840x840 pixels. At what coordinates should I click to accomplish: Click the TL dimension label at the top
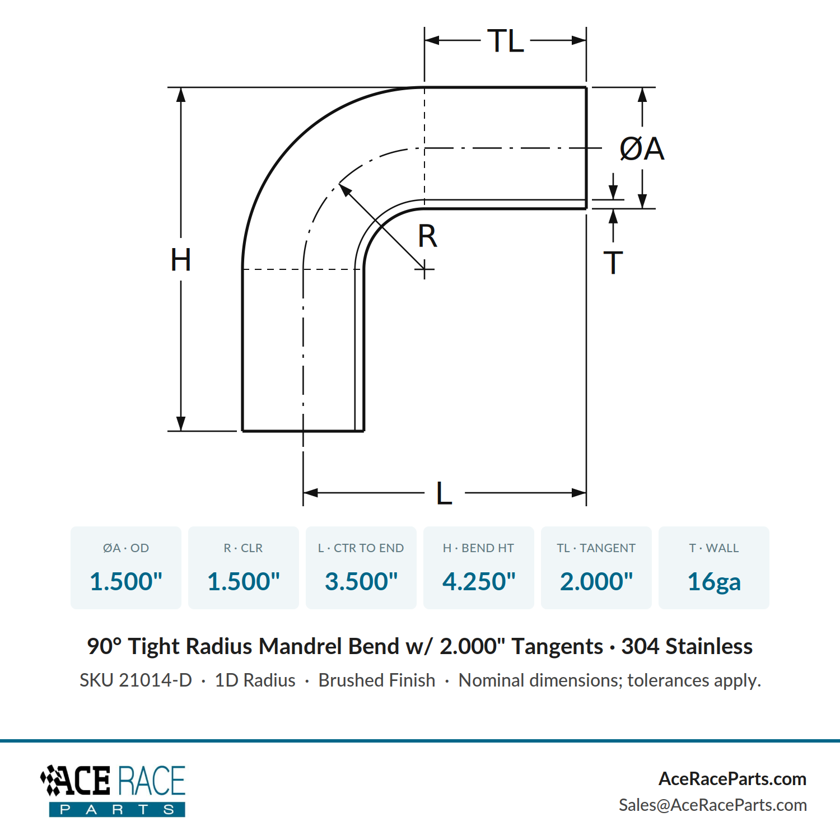506,41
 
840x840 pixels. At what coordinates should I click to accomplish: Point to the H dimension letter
181,260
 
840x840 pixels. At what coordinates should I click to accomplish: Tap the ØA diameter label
642,149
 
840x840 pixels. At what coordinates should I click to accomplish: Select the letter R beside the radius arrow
427,236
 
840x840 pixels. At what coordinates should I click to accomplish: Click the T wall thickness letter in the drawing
613,263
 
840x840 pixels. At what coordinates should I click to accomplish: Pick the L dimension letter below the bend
444,493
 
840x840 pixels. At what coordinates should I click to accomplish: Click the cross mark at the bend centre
424,270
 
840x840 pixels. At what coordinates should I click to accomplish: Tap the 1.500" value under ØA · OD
126,581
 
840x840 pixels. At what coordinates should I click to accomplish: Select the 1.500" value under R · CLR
244,581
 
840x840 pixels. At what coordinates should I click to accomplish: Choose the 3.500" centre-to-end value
361,581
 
